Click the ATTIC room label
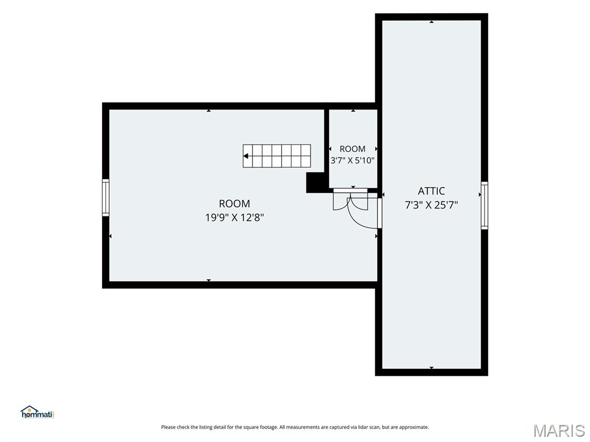tap(431, 191)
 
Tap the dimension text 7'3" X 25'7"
tap(431, 205)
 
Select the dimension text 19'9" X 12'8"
tap(235, 217)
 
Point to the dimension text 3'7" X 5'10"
tap(353, 161)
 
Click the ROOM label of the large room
tap(235, 204)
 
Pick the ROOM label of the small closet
tap(353, 149)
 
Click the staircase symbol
tap(277, 156)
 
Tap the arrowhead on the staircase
tap(245, 156)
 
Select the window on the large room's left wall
tap(106, 198)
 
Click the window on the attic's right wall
tap(485, 205)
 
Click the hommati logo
tap(37, 412)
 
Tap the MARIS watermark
tap(559, 430)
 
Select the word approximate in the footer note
tap(414, 428)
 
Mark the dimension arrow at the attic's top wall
tap(432, 22)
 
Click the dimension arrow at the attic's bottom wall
tap(432, 368)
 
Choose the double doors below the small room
tap(350, 199)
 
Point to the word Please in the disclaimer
tap(168, 427)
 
